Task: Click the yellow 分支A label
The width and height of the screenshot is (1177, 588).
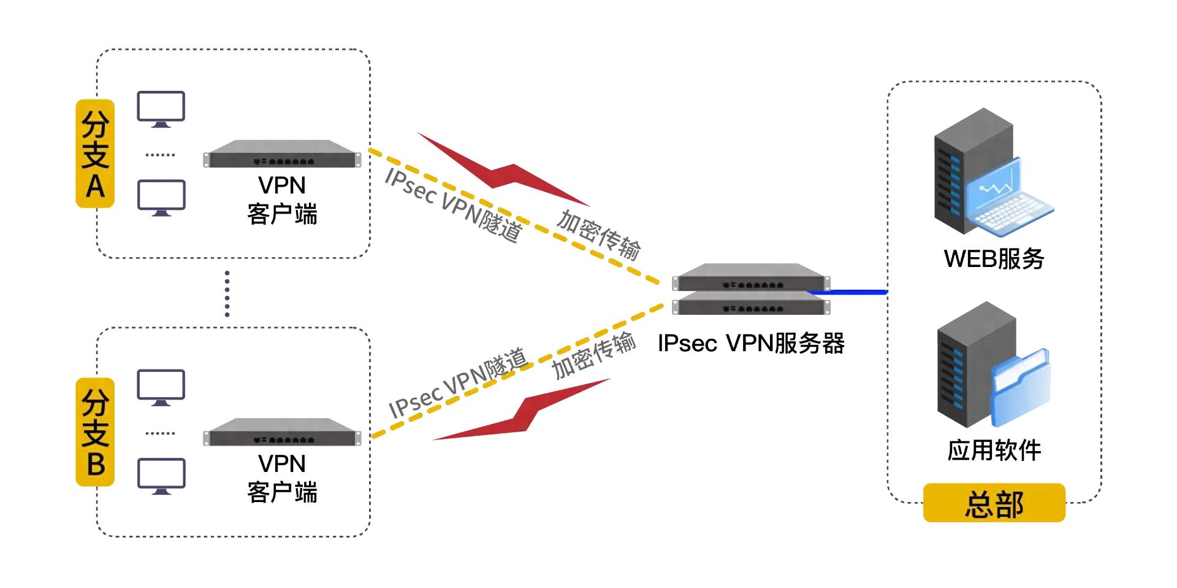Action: [x=95, y=153]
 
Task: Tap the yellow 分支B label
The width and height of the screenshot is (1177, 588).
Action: [x=95, y=431]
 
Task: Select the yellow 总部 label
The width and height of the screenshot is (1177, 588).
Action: [x=994, y=503]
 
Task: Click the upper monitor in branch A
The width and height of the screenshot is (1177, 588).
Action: [x=161, y=109]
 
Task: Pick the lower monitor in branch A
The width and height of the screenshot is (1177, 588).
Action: [x=161, y=197]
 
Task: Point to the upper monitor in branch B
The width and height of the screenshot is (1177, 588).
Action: [x=161, y=387]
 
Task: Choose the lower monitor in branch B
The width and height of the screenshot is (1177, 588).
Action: [x=161, y=475]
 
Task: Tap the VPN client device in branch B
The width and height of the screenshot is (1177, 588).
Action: [x=282, y=433]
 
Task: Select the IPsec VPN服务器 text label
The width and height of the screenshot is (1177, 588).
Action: [x=751, y=343]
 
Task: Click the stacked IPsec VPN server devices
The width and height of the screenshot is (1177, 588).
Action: [x=751, y=289]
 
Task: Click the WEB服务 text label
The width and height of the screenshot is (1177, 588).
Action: [x=994, y=258]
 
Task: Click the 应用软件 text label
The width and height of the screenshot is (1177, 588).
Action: [x=994, y=450]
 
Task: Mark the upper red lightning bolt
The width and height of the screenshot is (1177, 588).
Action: [x=503, y=169]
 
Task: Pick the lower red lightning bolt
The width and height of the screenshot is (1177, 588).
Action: [x=521, y=411]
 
